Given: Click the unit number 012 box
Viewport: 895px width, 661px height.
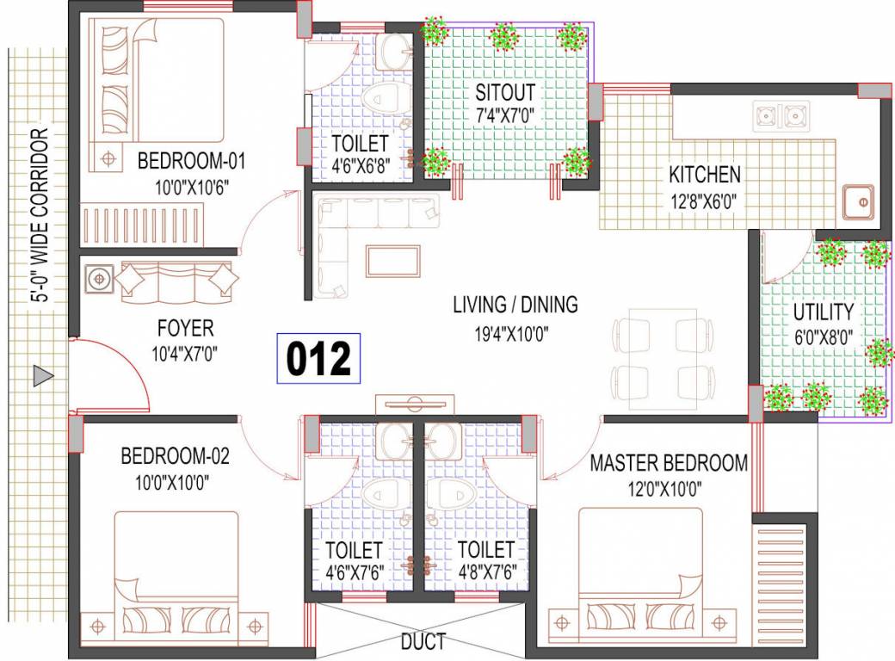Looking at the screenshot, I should pyautogui.click(x=318, y=358).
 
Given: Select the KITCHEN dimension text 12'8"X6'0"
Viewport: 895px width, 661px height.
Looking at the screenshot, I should pyautogui.click(x=704, y=203).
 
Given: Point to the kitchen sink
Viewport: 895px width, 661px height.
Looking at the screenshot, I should pyautogui.click(x=859, y=203).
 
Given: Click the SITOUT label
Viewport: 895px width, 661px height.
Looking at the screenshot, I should pyautogui.click(x=505, y=91).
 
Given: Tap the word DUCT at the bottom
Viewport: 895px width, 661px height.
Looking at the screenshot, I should pyautogui.click(x=423, y=641).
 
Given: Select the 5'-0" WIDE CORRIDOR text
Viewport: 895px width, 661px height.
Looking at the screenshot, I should pyautogui.click(x=39, y=215).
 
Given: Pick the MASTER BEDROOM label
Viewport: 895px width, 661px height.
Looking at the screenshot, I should pyautogui.click(x=669, y=463).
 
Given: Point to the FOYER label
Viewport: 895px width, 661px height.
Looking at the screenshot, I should pyautogui.click(x=185, y=328).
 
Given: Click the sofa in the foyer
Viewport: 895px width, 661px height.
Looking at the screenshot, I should pyautogui.click(x=176, y=281).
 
